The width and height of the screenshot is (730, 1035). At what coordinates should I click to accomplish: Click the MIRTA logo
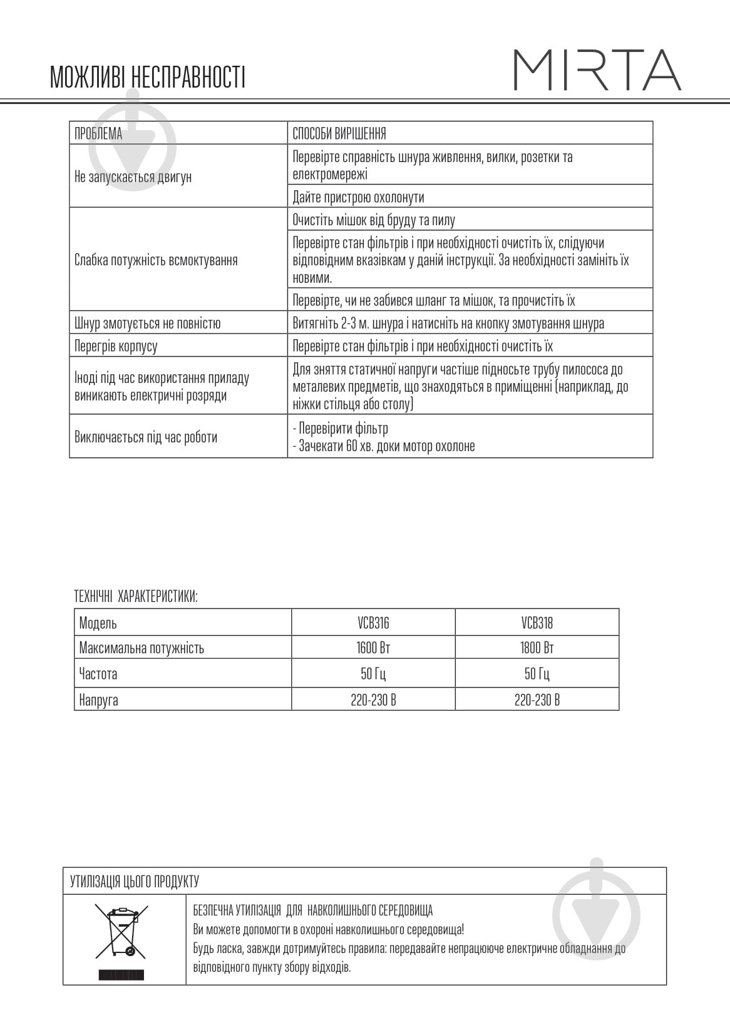point(597,70)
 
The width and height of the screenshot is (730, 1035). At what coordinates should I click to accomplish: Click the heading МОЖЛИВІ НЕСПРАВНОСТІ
point(147,77)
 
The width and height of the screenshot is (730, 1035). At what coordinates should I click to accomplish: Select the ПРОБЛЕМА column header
point(98,133)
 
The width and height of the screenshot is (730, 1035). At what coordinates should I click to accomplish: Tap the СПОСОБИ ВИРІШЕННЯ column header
point(339,133)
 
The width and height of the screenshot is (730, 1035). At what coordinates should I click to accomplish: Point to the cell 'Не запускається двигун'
point(133,176)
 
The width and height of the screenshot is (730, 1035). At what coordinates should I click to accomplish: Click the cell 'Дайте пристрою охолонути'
point(358,197)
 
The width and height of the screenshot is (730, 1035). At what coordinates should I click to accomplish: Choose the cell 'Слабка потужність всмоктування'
point(156,260)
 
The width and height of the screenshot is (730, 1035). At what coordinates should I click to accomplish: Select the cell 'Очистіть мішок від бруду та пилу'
point(374,220)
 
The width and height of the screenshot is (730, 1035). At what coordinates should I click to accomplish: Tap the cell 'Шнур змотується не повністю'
point(147,324)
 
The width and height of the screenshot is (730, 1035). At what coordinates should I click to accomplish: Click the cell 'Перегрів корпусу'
point(116,346)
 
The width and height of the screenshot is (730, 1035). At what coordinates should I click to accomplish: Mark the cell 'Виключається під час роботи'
point(146,437)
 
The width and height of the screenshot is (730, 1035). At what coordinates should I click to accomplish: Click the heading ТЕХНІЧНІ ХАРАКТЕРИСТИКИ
point(136,596)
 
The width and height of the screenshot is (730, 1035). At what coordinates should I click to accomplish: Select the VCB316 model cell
point(373,623)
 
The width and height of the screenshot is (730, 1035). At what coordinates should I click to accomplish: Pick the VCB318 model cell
point(537,623)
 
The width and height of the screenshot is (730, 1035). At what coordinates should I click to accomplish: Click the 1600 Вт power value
point(373,648)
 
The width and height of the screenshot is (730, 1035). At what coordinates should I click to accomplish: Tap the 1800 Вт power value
point(537,648)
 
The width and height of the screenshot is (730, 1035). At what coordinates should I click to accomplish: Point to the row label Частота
point(98,674)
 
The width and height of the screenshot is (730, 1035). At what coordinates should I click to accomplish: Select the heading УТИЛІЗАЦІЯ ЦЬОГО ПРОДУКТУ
point(134,882)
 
